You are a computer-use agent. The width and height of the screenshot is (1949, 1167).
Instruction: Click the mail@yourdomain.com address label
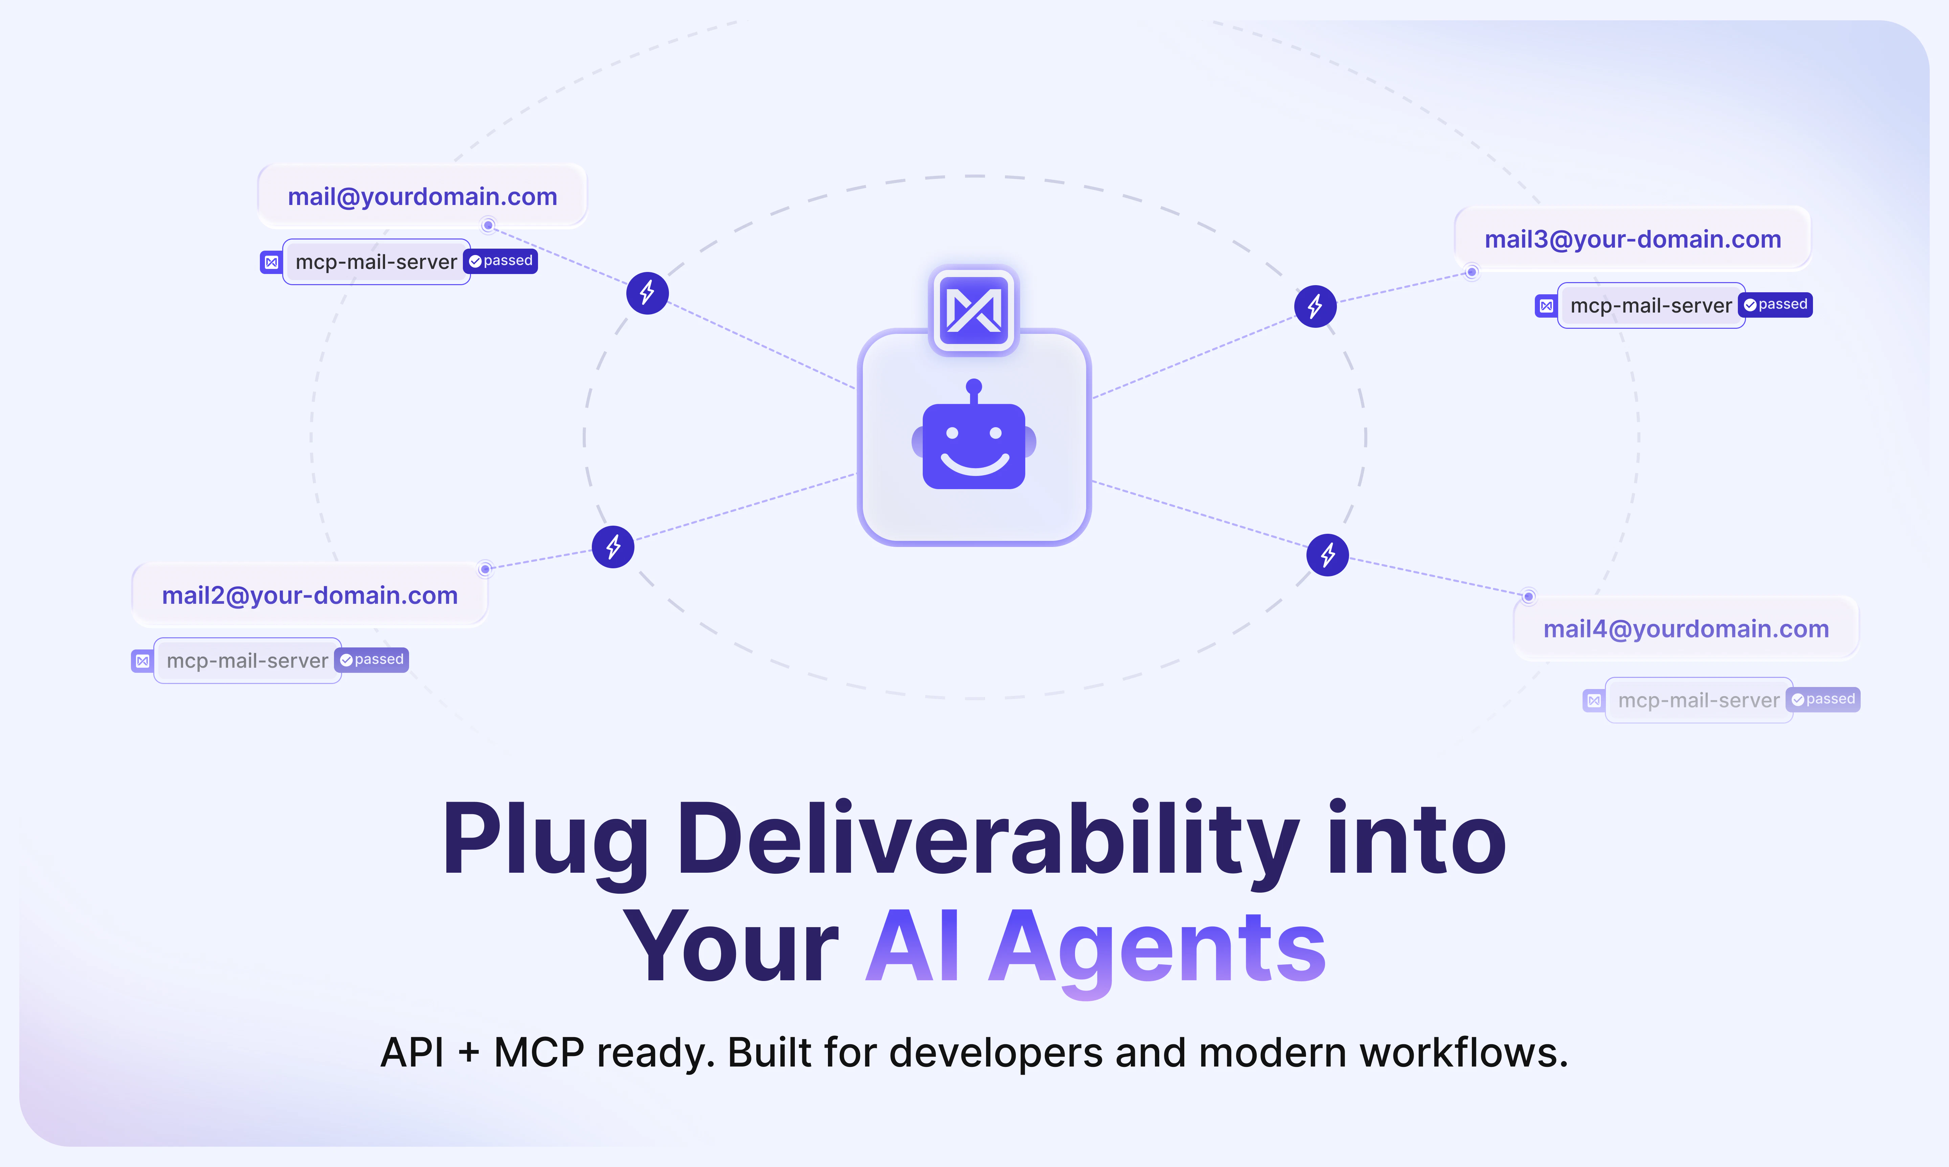422,197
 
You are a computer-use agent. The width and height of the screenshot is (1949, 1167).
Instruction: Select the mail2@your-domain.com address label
310,595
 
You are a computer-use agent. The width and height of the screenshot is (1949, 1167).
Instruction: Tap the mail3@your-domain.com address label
1633,239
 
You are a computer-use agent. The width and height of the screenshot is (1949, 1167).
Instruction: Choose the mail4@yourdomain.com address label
1686,629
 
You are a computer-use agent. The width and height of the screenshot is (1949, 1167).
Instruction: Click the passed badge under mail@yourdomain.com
501,261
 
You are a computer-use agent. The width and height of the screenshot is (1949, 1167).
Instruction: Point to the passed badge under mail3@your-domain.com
1776,304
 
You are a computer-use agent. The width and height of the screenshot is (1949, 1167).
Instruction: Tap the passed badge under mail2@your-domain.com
372,660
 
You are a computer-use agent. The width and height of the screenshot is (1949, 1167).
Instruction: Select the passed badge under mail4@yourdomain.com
1823,699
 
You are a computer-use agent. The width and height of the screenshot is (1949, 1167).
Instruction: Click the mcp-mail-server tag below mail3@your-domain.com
1651,305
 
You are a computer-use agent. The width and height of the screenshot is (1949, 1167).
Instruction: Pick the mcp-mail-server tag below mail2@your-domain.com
247,661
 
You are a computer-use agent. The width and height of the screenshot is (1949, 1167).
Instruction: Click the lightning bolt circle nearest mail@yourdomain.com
647,293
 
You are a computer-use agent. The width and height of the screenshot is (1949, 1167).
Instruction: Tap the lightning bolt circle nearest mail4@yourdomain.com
1328,555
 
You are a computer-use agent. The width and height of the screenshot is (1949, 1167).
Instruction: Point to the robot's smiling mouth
974,464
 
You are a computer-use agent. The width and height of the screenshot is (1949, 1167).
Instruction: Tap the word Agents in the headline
1158,948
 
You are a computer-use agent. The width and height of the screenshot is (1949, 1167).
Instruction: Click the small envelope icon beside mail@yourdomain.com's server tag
271,262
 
